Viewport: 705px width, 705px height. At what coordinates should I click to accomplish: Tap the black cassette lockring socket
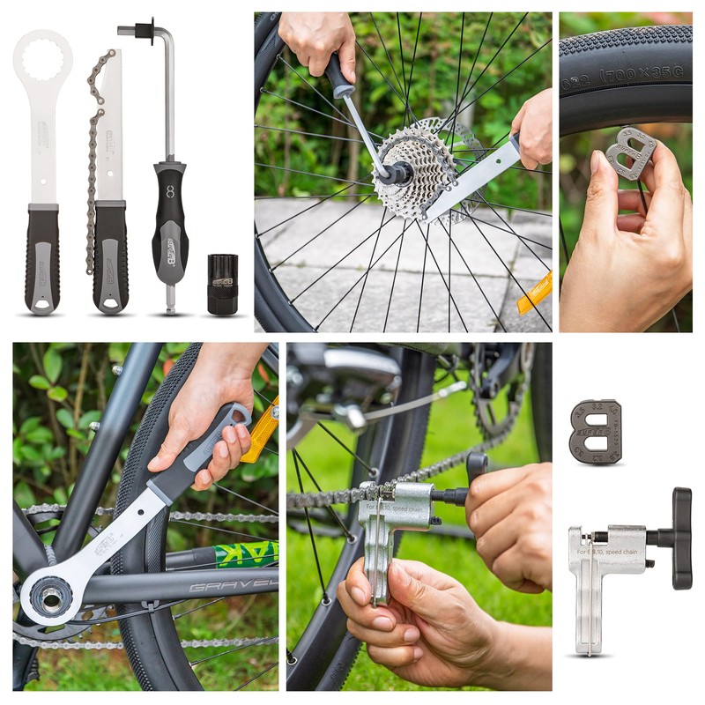pyautogui.click(x=222, y=284)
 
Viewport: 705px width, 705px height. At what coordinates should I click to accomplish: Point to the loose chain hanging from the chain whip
pyautogui.click(x=93, y=159)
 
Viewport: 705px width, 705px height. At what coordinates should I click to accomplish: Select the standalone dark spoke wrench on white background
pyautogui.click(x=595, y=432)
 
